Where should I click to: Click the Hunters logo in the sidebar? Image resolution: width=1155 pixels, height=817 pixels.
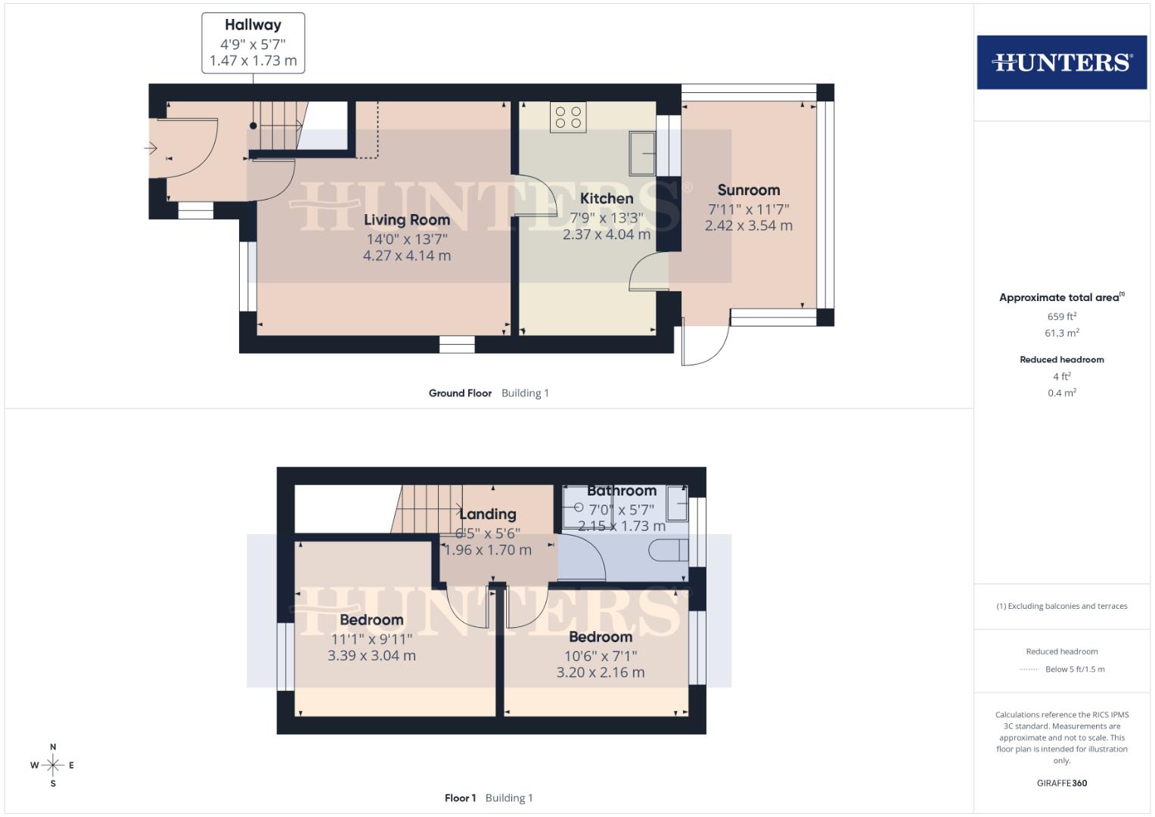(1061, 62)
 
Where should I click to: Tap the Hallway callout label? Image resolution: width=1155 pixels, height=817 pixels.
(253, 25)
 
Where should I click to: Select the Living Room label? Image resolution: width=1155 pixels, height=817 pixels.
(407, 220)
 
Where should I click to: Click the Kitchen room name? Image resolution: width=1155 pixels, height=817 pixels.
(607, 199)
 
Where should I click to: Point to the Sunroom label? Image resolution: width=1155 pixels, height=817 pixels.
(748, 191)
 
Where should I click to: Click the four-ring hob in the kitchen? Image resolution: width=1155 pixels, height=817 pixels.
(568, 117)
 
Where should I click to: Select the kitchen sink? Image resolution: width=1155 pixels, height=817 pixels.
(644, 153)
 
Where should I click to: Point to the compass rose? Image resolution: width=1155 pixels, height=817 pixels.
(53, 766)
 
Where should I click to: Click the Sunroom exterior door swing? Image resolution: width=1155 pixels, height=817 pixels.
(705, 346)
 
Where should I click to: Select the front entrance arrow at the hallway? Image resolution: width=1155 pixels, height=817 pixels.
(151, 148)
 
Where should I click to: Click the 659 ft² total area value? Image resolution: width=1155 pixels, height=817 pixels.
(1061, 316)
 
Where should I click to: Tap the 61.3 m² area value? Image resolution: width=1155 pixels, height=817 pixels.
(1061, 333)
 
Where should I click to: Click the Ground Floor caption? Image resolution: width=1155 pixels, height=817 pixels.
(460, 393)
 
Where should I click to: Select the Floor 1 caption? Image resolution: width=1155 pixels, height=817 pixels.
(460, 798)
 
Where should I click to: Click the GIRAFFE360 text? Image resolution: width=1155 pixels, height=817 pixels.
(1061, 783)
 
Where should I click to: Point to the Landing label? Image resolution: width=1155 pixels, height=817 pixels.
(488, 514)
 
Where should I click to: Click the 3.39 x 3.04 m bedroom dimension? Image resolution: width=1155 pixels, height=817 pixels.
(371, 656)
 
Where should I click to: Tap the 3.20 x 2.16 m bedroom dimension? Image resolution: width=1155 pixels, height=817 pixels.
(601, 673)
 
